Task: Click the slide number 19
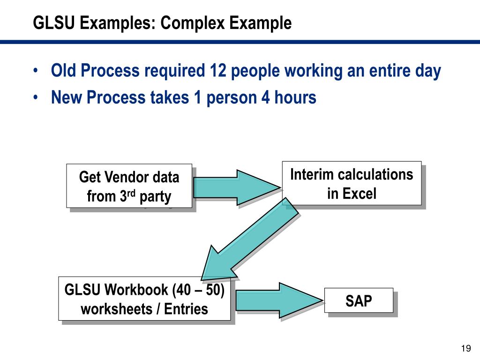click(x=465, y=348)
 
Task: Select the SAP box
click(x=359, y=300)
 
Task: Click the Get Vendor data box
click(x=129, y=186)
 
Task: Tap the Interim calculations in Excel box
click(x=352, y=183)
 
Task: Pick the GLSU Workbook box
click(x=144, y=299)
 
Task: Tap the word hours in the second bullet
click(x=295, y=97)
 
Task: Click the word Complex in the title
click(x=190, y=22)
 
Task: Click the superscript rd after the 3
click(x=134, y=193)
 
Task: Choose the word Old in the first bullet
click(x=64, y=71)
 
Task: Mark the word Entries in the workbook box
click(x=186, y=309)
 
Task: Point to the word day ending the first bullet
click(x=427, y=71)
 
